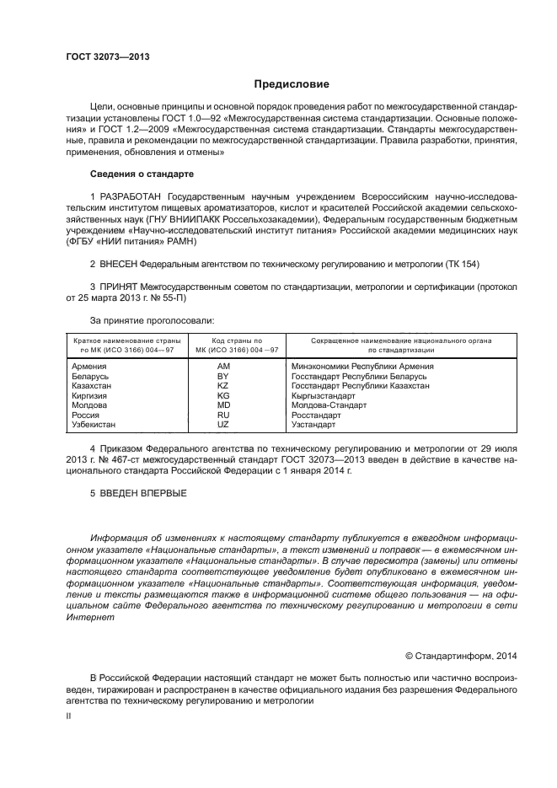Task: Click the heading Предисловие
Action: click(x=292, y=84)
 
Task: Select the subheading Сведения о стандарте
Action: click(x=142, y=174)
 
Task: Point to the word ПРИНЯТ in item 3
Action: click(x=120, y=287)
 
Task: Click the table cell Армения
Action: click(x=89, y=367)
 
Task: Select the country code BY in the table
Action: click(x=223, y=376)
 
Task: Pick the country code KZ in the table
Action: click(x=223, y=386)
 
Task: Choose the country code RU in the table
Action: click(x=223, y=415)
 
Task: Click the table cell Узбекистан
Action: click(x=94, y=425)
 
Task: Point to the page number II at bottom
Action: click(x=70, y=715)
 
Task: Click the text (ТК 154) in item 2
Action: click(x=460, y=265)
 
